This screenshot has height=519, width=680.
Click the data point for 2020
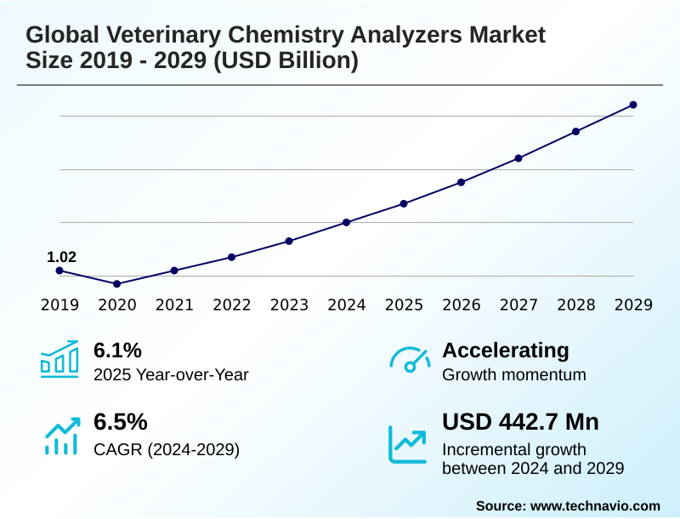pos(117,283)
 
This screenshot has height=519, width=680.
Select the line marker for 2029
pos(633,105)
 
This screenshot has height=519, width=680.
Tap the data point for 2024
pos(347,222)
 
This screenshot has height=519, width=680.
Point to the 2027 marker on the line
pos(518,157)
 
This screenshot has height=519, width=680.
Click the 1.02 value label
pos(61,256)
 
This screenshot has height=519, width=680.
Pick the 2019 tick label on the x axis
pos(60,305)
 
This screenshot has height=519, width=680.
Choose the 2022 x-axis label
pos(232,305)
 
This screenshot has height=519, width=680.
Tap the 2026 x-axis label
pos(462,305)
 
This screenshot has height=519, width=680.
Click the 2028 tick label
pos(576,305)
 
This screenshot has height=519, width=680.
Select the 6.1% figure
pos(117,350)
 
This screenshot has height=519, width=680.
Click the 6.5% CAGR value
pos(120,422)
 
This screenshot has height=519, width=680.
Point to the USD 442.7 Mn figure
pos(520,422)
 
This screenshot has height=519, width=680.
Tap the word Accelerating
pos(506,350)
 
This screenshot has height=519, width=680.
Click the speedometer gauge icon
pos(409,359)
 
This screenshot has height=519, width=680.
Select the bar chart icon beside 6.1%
pos(59,359)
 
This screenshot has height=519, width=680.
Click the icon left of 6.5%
pos(60,435)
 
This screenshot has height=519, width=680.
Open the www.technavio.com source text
pos(595,505)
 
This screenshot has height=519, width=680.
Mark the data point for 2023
pos(289,241)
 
